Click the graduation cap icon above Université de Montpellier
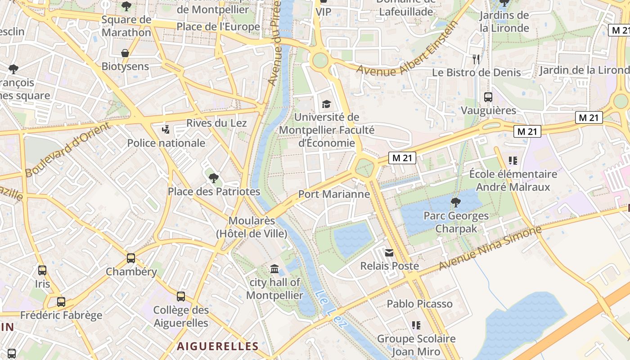326,104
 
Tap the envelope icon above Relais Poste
389,253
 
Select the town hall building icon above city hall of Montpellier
274,269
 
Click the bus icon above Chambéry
131,258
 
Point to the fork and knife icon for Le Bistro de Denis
476,59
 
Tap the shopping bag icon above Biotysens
125,53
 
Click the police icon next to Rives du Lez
166,130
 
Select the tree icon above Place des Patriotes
214,178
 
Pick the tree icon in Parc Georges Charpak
456,202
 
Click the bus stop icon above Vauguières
488,97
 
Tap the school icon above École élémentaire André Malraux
513,160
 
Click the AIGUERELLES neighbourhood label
217,346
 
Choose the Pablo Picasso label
419,304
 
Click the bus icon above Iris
42,270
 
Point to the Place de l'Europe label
218,27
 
